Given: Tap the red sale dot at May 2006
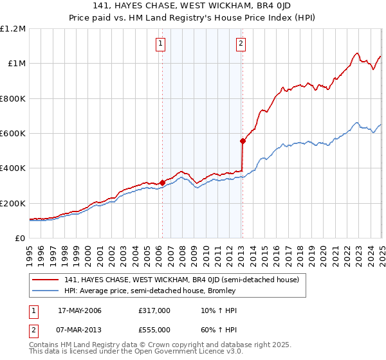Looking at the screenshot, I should pyautogui.click(x=162, y=183).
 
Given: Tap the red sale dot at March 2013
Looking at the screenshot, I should pyautogui.click(x=243, y=141).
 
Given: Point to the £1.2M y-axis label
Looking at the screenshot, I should pyautogui.click(x=14, y=29).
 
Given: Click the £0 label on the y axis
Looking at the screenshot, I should pyautogui.click(x=19, y=239).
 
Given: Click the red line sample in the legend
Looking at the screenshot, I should pyautogui.click(x=46, y=280).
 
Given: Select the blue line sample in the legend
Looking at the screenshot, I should pyautogui.click(x=46, y=291).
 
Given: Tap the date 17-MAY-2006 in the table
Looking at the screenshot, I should pyautogui.click(x=80, y=311).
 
